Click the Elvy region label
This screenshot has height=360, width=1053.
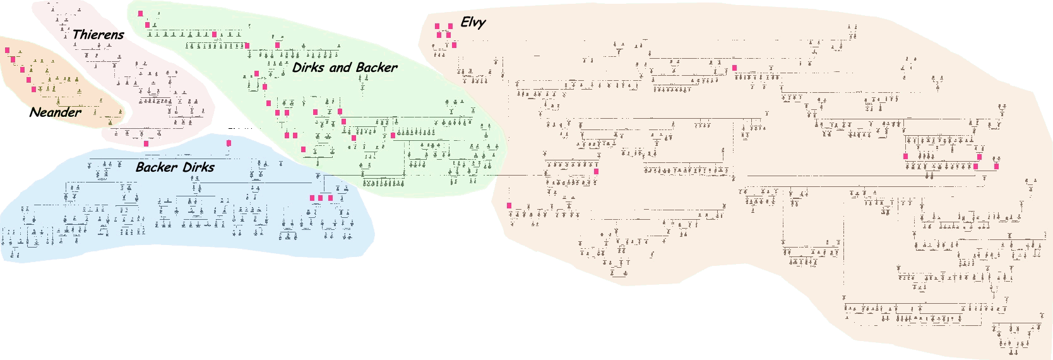point(473,23)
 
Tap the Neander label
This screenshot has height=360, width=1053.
point(56,112)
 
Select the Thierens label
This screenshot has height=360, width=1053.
point(98,35)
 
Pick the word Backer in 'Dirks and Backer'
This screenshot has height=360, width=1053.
point(377,68)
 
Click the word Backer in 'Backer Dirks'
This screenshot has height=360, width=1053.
point(156,167)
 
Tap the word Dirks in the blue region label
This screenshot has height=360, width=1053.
point(198,167)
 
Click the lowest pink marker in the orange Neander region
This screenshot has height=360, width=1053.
point(34,90)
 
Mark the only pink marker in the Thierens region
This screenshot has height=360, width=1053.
point(146,144)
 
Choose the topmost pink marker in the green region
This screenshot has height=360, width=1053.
point(140,13)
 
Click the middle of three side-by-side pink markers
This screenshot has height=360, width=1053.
point(321,198)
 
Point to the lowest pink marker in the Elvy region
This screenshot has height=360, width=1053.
point(509,206)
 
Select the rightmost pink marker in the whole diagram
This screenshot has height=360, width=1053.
point(997,167)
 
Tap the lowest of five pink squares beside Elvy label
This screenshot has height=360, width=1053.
point(454,45)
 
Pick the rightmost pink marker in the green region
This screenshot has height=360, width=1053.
point(393,136)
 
